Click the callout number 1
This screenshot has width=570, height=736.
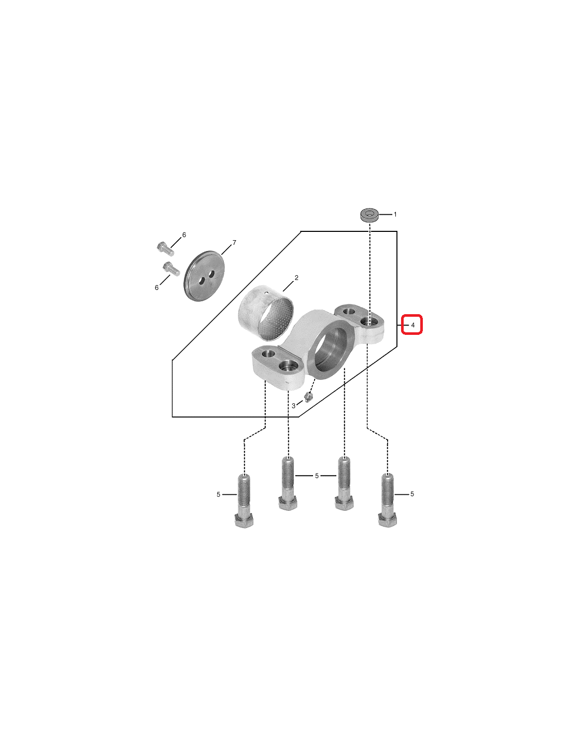[395, 214]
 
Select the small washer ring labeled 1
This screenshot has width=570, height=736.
[369, 215]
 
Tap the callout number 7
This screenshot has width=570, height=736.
[234, 243]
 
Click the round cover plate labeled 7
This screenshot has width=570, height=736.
[205, 276]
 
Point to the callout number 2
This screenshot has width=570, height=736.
[296, 278]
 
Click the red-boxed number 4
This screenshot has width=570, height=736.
[412, 325]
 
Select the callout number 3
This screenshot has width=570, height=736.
[294, 406]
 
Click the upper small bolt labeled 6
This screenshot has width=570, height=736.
[165, 249]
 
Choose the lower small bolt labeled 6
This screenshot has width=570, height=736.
[171, 269]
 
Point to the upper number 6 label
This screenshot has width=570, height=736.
[184, 234]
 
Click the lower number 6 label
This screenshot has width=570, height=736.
[156, 288]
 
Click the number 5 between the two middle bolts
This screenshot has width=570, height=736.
[317, 476]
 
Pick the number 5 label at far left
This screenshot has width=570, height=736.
[218, 494]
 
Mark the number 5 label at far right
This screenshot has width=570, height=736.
[412, 494]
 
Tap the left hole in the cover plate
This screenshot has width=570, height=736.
[202, 280]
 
